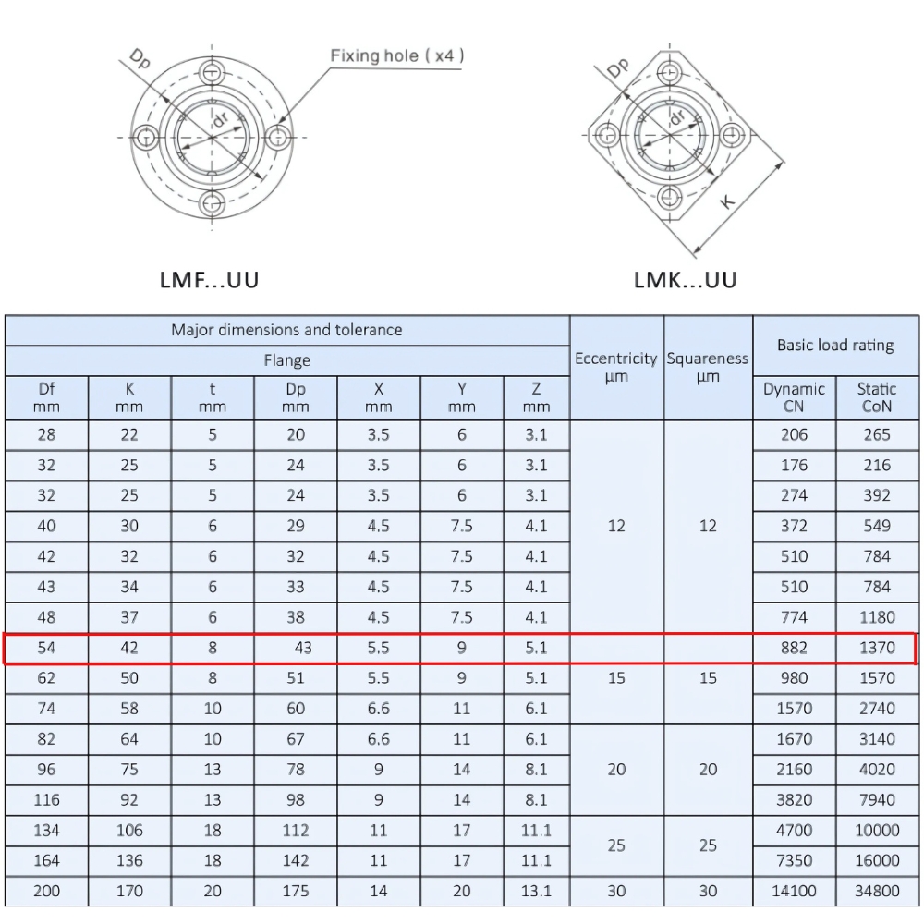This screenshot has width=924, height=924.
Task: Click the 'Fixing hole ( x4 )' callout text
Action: click(x=397, y=56)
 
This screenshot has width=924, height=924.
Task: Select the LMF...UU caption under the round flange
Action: click(x=210, y=279)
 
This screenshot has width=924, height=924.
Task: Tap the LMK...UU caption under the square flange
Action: click(x=686, y=279)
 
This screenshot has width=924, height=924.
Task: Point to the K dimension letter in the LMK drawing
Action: click(x=727, y=201)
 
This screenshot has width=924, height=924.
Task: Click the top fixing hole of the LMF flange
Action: click(x=213, y=73)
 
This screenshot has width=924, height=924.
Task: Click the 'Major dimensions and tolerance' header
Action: click(x=286, y=330)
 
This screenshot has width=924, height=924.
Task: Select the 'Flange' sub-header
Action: click(x=286, y=360)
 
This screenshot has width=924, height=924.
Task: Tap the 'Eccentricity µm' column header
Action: click(x=615, y=367)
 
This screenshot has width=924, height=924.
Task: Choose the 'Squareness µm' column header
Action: click(x=708, y=367)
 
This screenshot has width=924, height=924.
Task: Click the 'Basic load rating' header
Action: click(x=835, y=345)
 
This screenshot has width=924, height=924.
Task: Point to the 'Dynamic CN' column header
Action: click(x=794, y=397)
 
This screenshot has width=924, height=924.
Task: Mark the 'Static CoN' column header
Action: click(x=877, y=397)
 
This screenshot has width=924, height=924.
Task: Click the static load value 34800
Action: click(x=877, y=891)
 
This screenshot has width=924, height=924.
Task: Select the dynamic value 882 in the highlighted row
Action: click(x=794, y=648)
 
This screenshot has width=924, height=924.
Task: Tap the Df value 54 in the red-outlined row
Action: click(x=46, y=648)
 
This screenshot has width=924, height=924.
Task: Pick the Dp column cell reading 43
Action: click(x=302, y=648)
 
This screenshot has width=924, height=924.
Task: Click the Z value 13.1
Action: click(x=536, y=891)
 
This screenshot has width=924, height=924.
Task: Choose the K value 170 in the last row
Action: click(x=129, y=891)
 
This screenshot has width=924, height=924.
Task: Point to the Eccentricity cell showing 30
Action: click(x=615, y=891)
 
